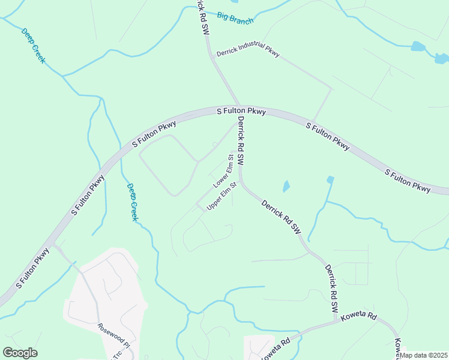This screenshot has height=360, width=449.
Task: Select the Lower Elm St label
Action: tap(223, 170)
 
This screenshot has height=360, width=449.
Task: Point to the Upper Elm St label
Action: tap(222, 197)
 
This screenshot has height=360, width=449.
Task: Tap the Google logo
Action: tap(20, 353)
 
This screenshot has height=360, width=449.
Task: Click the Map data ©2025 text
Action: tap(423, 355)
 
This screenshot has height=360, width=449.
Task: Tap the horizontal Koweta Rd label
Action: tap(358, 316)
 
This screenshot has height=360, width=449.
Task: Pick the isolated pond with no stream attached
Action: tap(286, 186)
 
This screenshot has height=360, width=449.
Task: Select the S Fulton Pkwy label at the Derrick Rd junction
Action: tap(241, 112)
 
